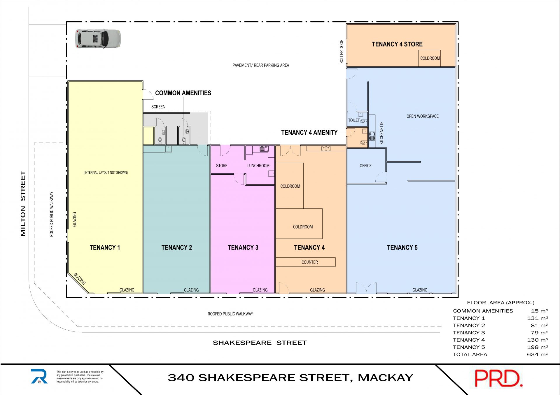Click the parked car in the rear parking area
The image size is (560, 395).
point(98,38)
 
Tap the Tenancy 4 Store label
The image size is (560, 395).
point(397,44)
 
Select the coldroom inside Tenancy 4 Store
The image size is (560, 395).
point(429,58)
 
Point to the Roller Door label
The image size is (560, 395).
point(342,52)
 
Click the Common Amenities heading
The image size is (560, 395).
point(183,93)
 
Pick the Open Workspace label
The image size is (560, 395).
point(423,116)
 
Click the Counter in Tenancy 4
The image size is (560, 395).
point(306,262)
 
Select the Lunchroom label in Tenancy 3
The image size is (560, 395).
point(258,166)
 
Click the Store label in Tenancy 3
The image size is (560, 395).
point(222,166)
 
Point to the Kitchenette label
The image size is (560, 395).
point(381,133)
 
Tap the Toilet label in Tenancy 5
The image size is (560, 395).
point(354,120)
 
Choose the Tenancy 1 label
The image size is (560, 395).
point(105,247)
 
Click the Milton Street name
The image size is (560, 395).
point(23,203)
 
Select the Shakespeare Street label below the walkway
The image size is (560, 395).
point(260,343)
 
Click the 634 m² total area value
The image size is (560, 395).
point(538,354)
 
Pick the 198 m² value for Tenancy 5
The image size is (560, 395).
point(538,347)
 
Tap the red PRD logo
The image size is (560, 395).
point(498,378)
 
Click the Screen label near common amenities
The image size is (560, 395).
point(158,107)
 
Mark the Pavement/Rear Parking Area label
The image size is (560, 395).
point(261,65)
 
